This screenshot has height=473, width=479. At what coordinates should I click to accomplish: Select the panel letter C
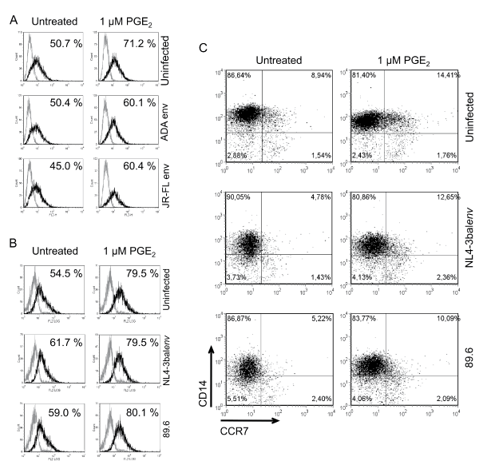[x=203, y=48]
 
